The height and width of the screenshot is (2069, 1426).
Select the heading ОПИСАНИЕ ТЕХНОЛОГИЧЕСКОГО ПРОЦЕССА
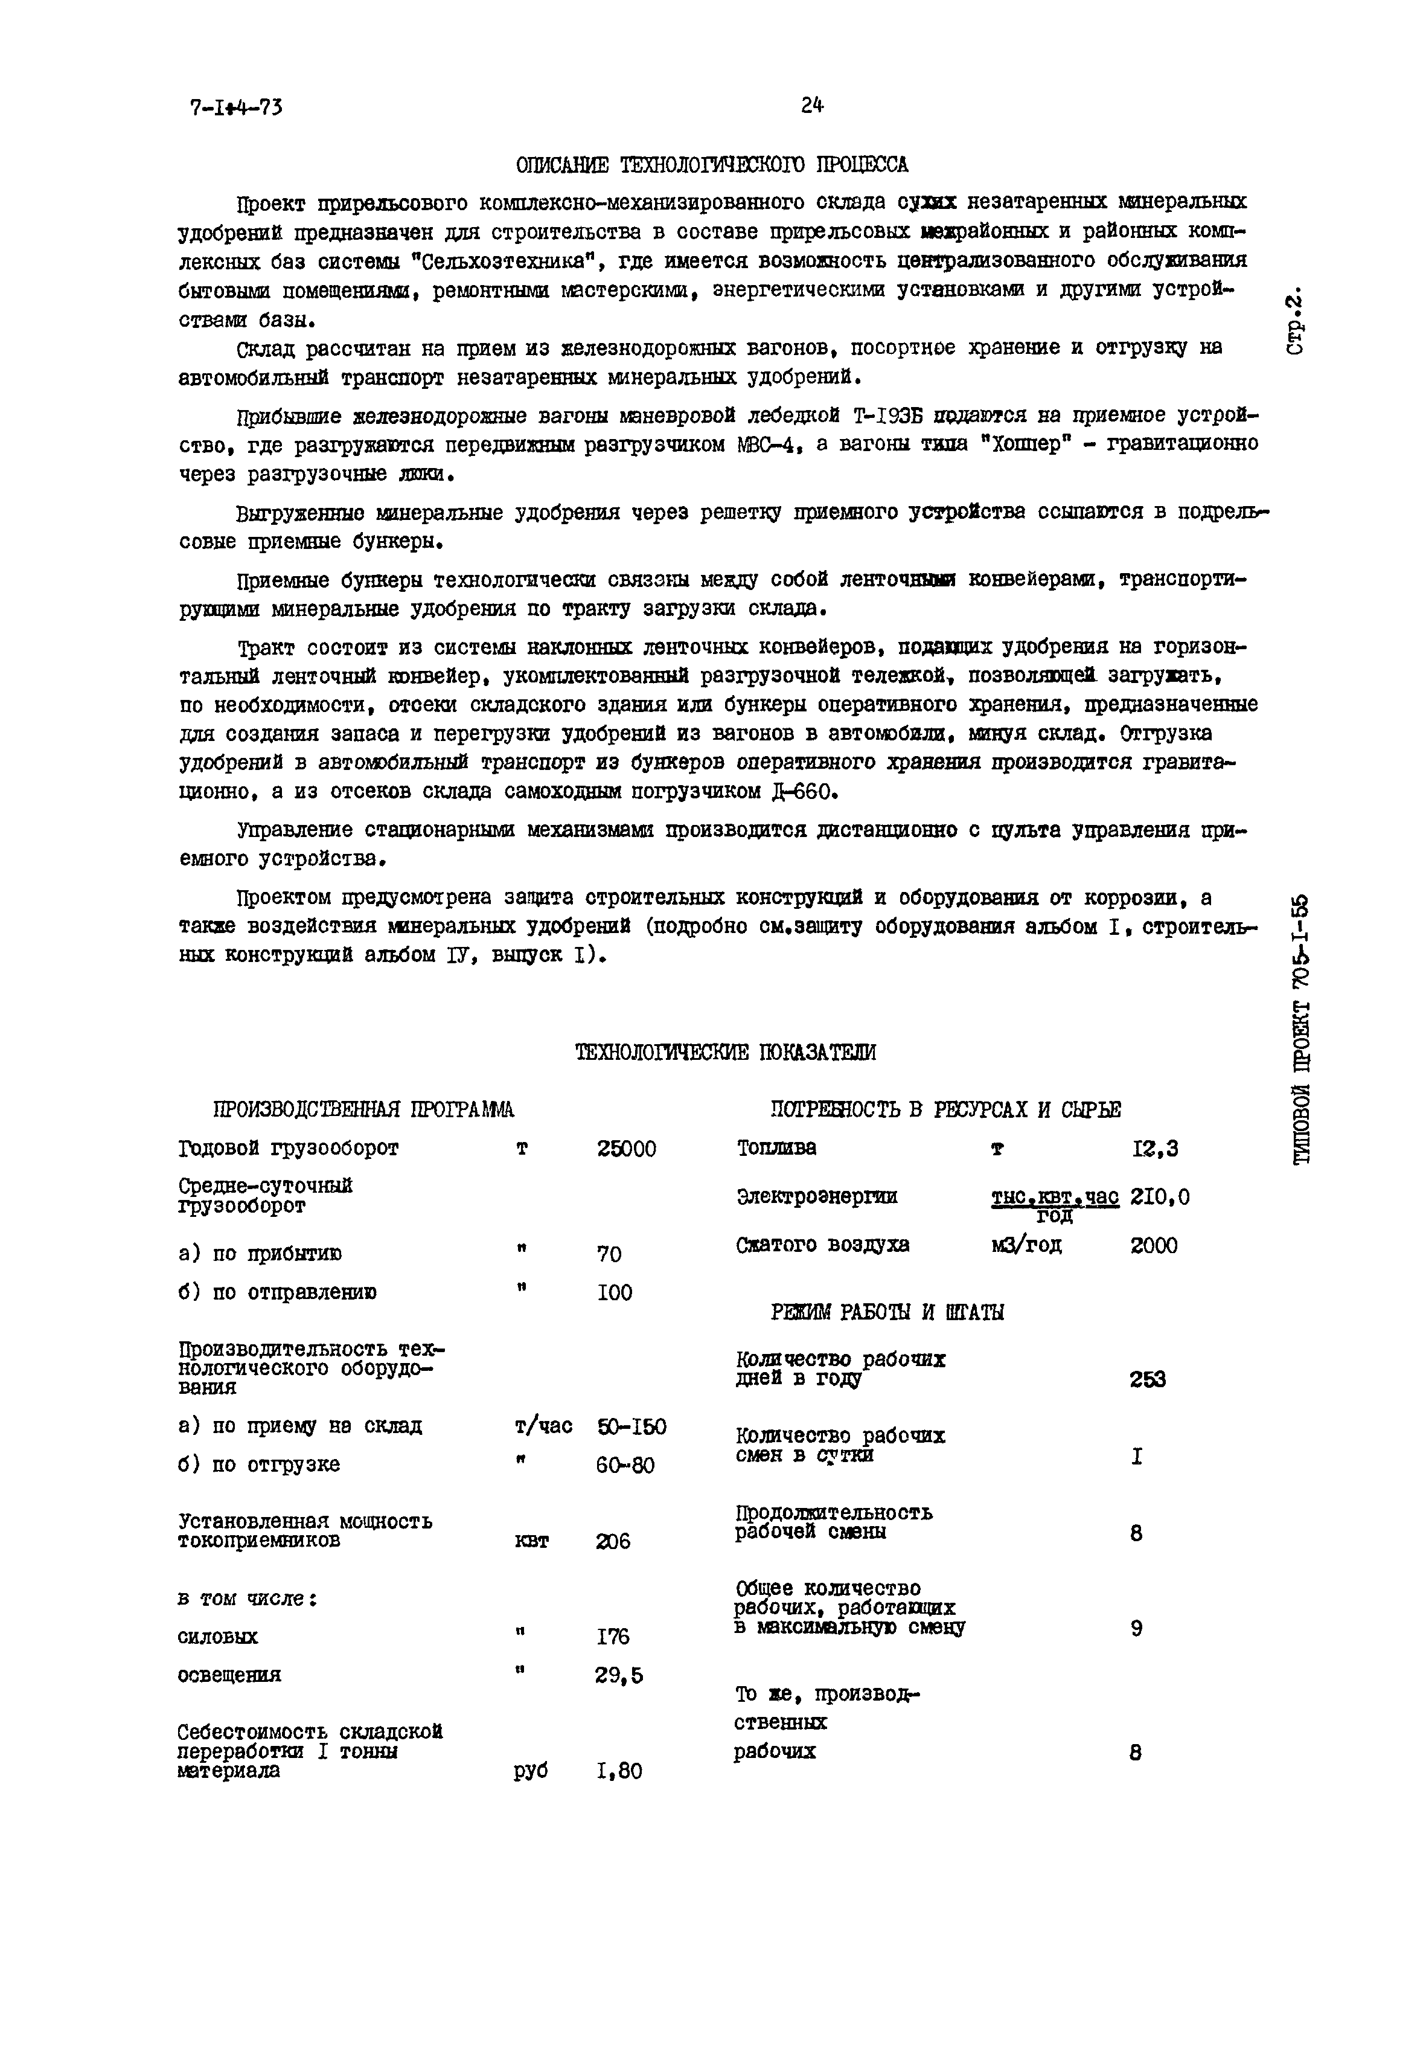pyautogui.click(x=712, y=165)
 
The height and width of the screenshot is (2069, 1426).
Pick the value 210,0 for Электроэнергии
pyautogui.click(x=1160, y=1197)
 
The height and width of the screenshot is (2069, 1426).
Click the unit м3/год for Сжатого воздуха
pyautogui.click(x=1026, y=1245)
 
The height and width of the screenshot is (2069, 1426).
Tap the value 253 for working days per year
pyautogui.click(x=1147, y=1379)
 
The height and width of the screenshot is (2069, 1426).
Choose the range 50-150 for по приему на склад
pyautogui.click(x=631, y=1426)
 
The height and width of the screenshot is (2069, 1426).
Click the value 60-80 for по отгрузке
pyautogui.click(x=625, y=1466)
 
